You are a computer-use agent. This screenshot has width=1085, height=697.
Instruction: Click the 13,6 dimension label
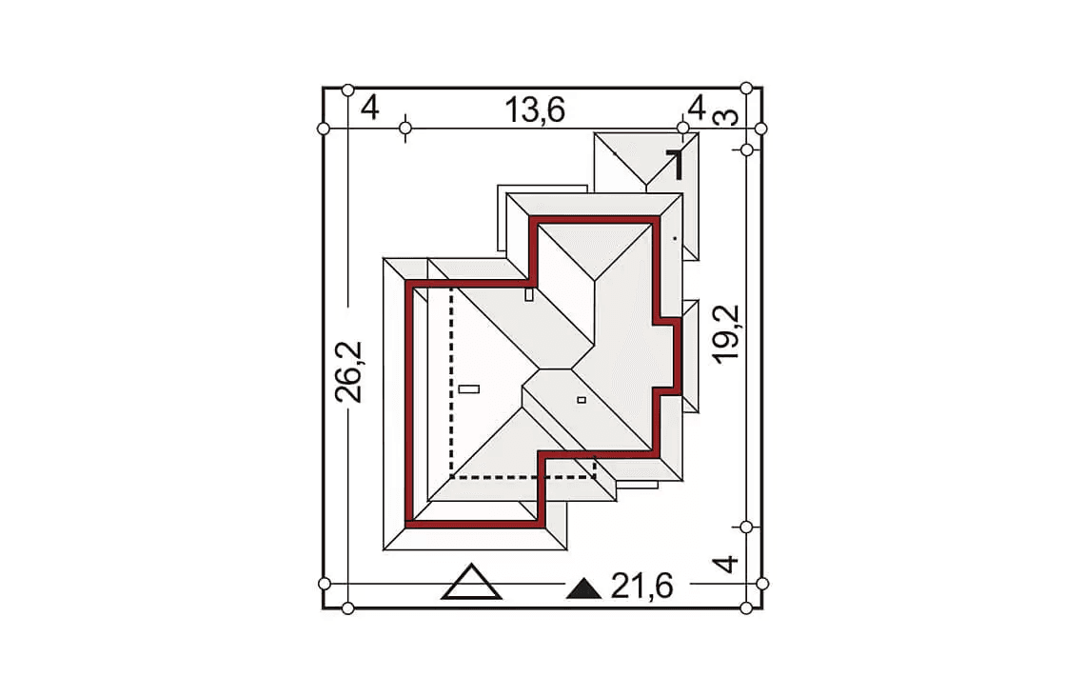click(x=534, y=110)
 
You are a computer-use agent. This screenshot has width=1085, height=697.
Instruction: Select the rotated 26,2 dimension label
click(x=348, y=371)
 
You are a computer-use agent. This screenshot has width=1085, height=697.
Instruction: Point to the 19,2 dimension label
click(x=726, y=334)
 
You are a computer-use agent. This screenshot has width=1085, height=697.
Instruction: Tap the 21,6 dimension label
click(x=641, y=587)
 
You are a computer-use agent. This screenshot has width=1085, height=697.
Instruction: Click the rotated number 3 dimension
click(x=726, y=117)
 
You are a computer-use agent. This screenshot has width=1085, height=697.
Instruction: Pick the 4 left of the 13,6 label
click(x=370, y=108)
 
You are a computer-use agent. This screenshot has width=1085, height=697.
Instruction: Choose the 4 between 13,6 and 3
click(x=696, y=108)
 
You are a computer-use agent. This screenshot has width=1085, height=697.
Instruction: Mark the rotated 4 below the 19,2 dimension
click(x=725, y=564)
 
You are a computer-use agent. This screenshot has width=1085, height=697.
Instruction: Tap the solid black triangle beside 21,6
click(x=584, y=589)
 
